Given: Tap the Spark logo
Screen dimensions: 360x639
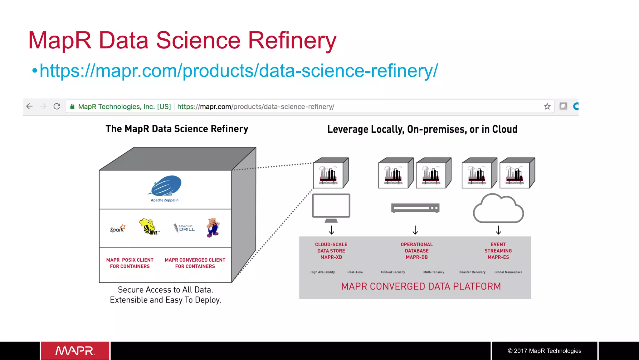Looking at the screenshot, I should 118,229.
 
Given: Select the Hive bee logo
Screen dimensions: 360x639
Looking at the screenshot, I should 149,227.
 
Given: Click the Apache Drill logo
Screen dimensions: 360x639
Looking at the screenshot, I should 184,228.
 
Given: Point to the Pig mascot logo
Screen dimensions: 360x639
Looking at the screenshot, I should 213,228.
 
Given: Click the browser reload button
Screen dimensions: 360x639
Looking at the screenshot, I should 57,106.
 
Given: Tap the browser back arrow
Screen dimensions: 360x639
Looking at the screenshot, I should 30,106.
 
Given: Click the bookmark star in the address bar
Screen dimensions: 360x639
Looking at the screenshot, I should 547,106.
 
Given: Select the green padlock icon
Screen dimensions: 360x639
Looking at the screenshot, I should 72,107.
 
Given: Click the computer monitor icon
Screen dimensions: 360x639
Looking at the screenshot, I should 331,207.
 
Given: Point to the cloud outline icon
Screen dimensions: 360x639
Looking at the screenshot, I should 498,209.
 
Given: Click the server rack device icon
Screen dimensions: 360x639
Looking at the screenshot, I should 415,208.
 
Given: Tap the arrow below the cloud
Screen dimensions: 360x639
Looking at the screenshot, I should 498,230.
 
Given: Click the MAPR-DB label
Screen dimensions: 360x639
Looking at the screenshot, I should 417,257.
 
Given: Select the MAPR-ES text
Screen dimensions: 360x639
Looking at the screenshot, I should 498,257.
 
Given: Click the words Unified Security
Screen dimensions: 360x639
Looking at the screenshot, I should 393,272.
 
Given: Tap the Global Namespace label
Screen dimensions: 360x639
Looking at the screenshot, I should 508,272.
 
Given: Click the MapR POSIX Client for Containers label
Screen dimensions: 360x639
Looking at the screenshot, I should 130,263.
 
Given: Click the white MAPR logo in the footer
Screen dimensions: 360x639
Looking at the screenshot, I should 75,351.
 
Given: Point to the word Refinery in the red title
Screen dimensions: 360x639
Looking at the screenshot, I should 292,41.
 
